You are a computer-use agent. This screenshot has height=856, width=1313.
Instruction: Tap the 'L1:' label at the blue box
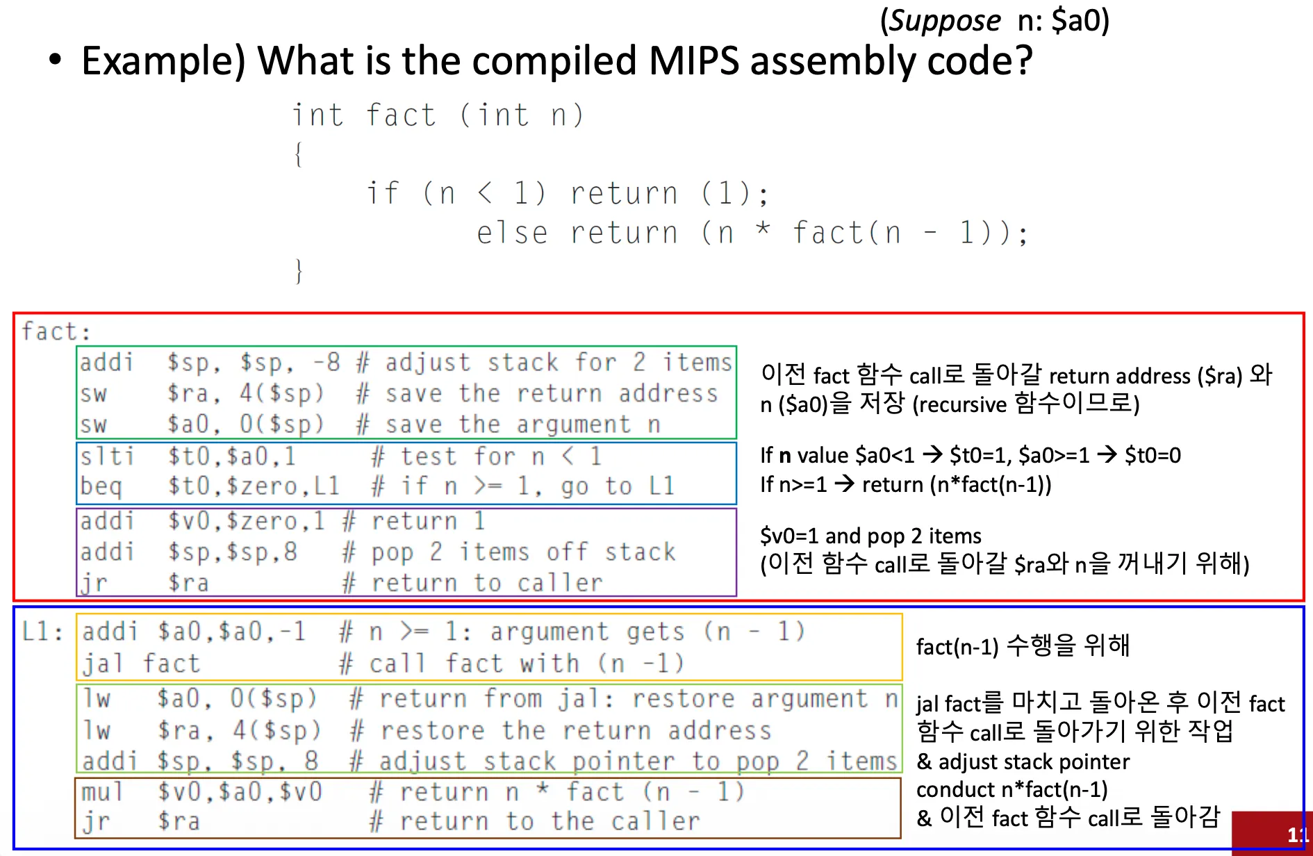[42, 632]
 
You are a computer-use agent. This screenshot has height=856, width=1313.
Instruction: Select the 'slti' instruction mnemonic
[106, 456]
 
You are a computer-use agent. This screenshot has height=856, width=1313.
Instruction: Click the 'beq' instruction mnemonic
[101, 486]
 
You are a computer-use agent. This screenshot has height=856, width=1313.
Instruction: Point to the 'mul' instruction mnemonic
[101, 791]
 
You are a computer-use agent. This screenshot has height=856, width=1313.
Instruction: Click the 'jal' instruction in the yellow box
[103, 664]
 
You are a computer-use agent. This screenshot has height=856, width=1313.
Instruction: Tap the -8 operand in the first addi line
[326, 362]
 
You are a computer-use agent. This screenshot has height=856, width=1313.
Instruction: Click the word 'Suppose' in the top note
[945, 21]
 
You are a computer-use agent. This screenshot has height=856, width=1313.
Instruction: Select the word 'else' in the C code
[512, 233]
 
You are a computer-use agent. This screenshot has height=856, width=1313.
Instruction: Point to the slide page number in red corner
[1296, 834]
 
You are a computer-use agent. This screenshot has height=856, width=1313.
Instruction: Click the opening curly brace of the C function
[299, 154]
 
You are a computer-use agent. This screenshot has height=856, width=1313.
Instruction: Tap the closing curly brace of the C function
[299, 270]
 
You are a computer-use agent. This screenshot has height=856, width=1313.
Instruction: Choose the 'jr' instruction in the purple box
[94, 583]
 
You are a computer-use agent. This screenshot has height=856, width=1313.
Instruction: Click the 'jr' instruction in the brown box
[96, 821]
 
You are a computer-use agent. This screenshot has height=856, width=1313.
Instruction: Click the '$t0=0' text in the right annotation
[1153, 455]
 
